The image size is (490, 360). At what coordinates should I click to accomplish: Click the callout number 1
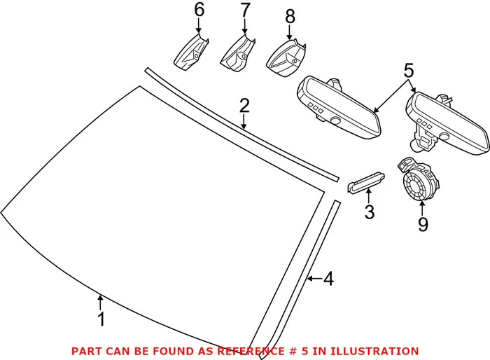tap(101, 320)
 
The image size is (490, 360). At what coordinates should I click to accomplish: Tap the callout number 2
tap(244, 106)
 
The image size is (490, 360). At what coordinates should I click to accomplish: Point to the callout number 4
tap(328, 279)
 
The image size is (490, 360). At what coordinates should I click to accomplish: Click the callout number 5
tap(408, 71)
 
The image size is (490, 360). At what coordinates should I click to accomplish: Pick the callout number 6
tap(199, 11)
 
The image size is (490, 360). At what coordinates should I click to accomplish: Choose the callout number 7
tap(244, 11)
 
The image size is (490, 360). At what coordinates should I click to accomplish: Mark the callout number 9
tap(422, 224)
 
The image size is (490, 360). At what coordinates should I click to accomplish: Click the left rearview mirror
tap(339, 106)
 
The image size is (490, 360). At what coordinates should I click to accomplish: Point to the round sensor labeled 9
tap(419, 186)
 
